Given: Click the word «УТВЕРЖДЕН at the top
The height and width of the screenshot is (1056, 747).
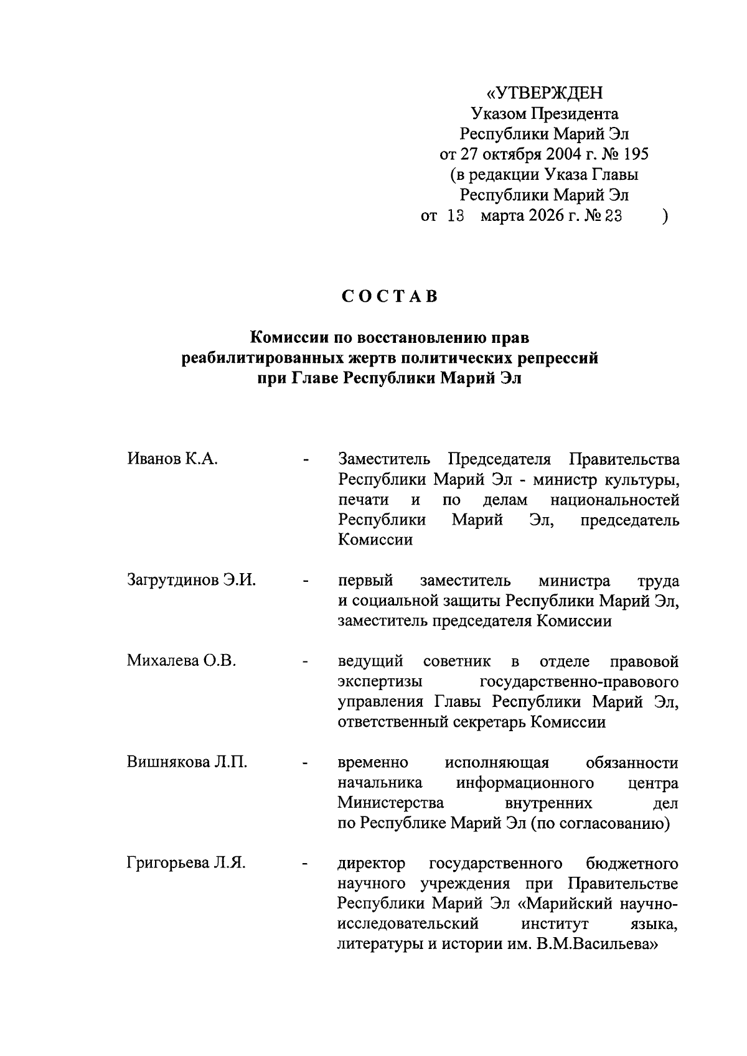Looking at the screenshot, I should pyautogui.click(x=545, y=93).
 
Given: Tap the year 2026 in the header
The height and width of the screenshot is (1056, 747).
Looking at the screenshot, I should pyautogui.click(x=543, y=216).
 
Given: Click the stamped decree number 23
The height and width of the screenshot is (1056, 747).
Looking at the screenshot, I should pyautogui.click(x=613, y=216).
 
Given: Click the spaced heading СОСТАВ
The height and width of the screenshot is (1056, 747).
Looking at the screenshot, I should pyautogui.click(x=390, y=297).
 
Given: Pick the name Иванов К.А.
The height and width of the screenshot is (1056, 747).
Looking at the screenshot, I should pyautogui.click(x=172, y=460).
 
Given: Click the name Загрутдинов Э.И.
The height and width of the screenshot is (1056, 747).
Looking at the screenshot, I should pyautogui.click(x=192, y=581).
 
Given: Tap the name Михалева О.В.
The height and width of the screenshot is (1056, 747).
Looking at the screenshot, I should pyautogui.click(x=181, y=661).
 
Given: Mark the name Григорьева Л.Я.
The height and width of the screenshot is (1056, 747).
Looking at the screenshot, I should pyautogui.click(x=187, y=864).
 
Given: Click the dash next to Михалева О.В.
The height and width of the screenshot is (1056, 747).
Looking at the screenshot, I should pyautogui.click(x=305, y=662).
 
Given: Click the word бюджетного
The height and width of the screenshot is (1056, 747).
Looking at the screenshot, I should pyautogui.click(x=632, y=864).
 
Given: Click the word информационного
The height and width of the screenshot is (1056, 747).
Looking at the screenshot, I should pyautogui.click(x=525, y=782).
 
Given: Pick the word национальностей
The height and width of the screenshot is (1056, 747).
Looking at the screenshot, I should pyautogui.click(x=614, y=500).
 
